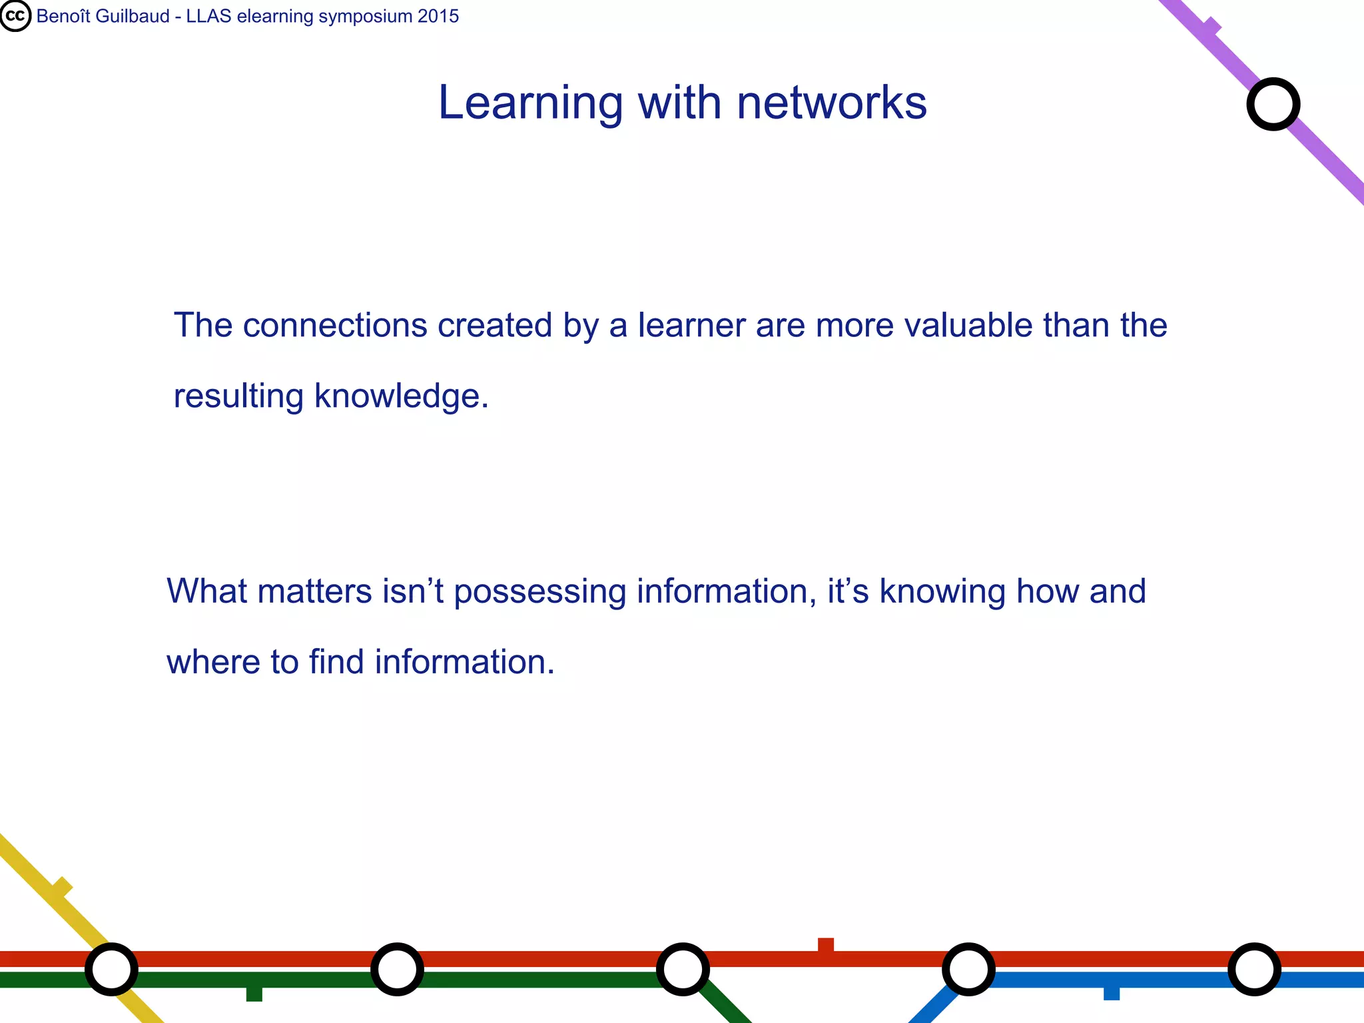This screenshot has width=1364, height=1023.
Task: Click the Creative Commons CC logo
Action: [x=15, y=16]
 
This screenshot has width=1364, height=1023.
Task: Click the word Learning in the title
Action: [x=530, y=103]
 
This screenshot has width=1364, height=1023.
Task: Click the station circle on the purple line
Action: [x=1273, y=105]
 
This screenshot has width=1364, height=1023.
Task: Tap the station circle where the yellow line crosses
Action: [x=111, y=969]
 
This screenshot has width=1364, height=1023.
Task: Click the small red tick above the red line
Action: [x=826, y=944]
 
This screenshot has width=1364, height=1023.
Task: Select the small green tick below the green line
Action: [x=254, y=994]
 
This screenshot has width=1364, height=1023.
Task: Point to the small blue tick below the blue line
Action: [x=1112, y=993]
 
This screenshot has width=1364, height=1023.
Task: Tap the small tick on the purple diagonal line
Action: [x=1211, y=27]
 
